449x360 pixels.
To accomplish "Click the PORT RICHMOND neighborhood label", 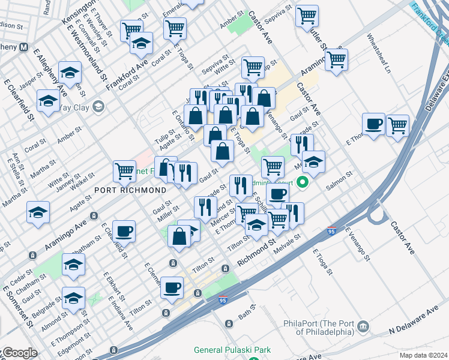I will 130,190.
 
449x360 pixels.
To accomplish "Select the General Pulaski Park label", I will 232,350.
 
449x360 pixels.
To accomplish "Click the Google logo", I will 19,353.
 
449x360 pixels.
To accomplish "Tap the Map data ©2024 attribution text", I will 423,355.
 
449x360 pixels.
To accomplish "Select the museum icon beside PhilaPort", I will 363,326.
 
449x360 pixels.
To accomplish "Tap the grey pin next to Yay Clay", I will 98,107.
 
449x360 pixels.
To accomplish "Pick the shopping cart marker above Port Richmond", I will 124,170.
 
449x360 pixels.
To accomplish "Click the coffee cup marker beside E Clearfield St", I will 124,231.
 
